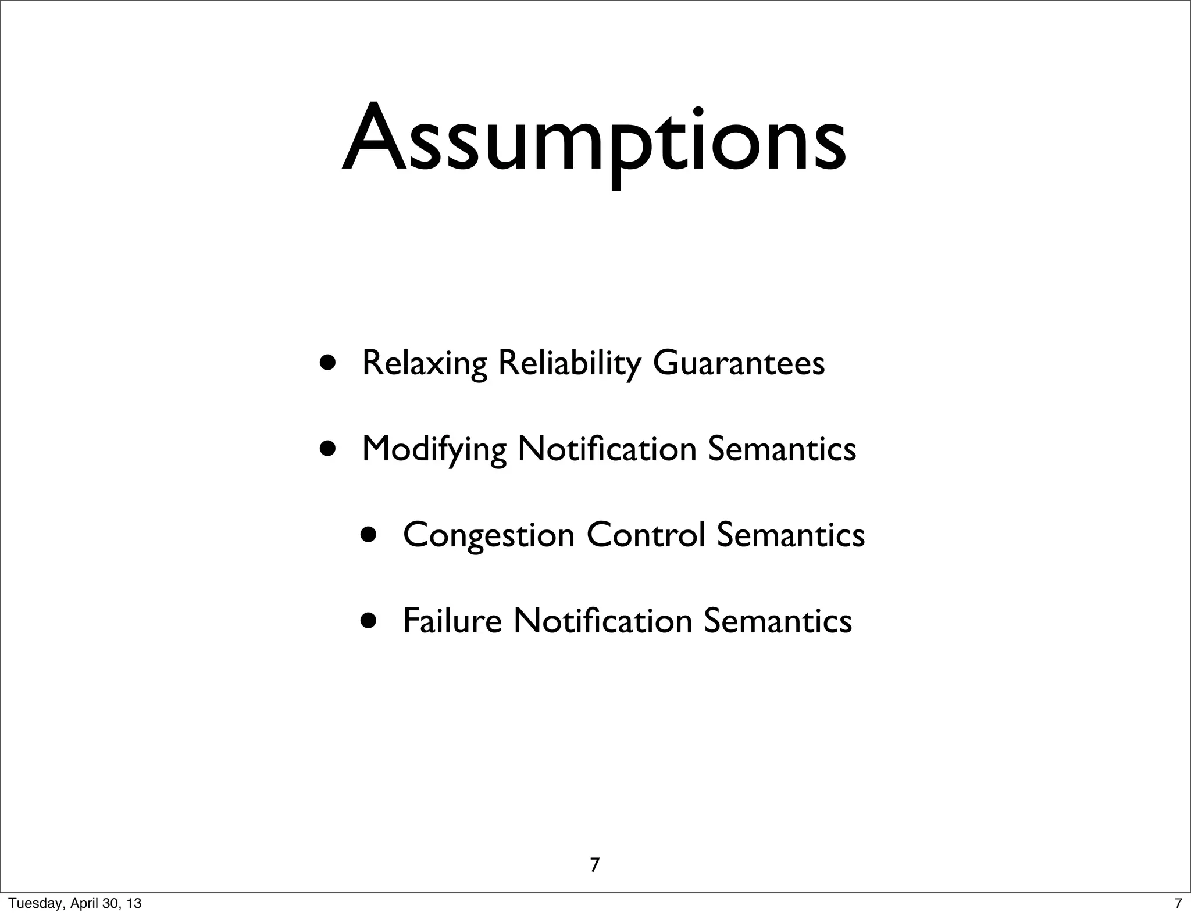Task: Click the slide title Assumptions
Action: click(594, 139)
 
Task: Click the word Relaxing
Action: click(424, 363)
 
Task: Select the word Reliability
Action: click(568, 363)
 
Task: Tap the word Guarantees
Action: click(739, 363)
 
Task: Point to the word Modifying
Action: click(433, 449)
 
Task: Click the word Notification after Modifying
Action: click(607, 449)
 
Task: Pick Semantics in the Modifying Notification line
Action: click(782, 449)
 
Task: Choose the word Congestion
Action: click(488, 535)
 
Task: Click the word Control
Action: click(646, 534)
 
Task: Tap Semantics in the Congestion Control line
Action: click(790, 534)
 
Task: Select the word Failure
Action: click(452, 620)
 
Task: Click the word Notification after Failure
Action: click(602, 620)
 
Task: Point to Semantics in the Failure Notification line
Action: click(778, 620)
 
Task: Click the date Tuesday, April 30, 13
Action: click(75, 904)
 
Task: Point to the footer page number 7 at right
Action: click(1178, 904)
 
